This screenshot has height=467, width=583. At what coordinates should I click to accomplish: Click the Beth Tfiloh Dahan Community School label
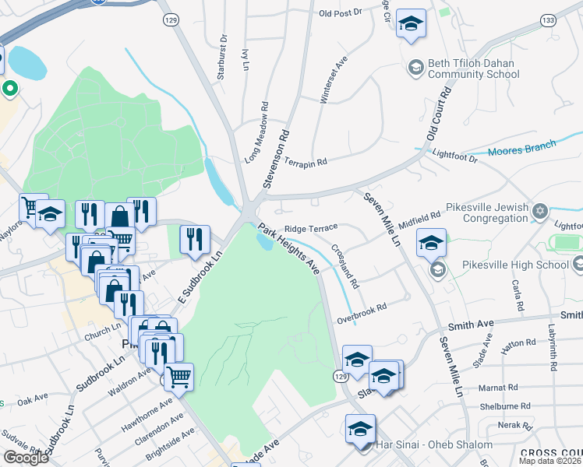click(x=473, y=69)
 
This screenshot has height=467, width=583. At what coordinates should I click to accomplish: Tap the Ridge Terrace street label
click(x=310, y=228)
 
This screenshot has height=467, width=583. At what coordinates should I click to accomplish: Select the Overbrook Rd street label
click(x=362, y=314)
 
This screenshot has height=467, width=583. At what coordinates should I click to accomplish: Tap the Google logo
click(x=26, y=458)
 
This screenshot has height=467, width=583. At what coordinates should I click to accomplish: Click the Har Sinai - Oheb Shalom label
click(x=434, y=444)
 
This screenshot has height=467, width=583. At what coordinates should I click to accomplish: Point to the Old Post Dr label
click(x=341, y=13)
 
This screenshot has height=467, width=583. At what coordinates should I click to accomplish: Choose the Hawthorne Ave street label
click(x=154, y=415)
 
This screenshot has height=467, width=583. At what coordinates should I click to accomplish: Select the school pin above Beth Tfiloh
click(x=410, y=23)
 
